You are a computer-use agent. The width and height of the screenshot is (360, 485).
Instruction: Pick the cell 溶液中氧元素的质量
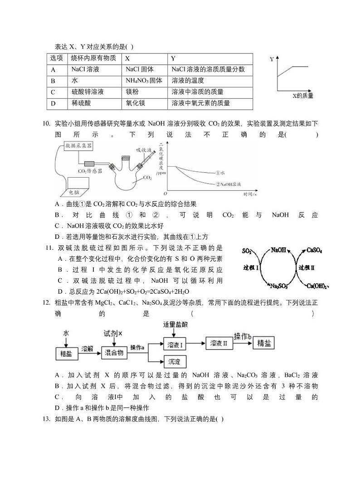[x=200, y=103]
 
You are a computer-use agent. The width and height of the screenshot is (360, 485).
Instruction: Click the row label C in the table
[x=53, y=92]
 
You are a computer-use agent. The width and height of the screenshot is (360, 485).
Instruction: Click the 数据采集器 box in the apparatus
[x=78, y=146]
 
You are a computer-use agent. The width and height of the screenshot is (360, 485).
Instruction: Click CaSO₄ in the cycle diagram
[x=314, y=250]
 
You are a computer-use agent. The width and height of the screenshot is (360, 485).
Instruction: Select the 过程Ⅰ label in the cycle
[x=251, y=268]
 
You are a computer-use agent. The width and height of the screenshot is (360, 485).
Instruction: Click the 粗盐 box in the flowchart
[x=66, y=353]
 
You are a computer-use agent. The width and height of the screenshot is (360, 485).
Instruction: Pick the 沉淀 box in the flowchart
[x=174, y=362]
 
